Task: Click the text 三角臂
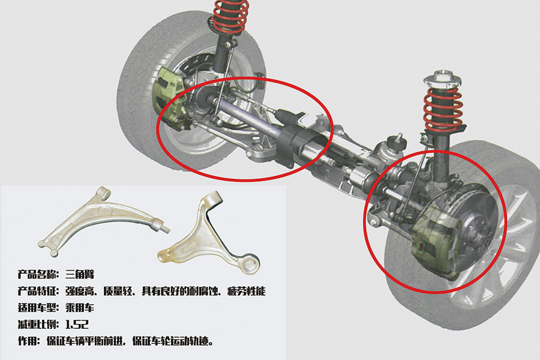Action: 80,274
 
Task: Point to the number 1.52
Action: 77,324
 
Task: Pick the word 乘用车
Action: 80,307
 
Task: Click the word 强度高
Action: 80,291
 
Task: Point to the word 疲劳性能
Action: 247,291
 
